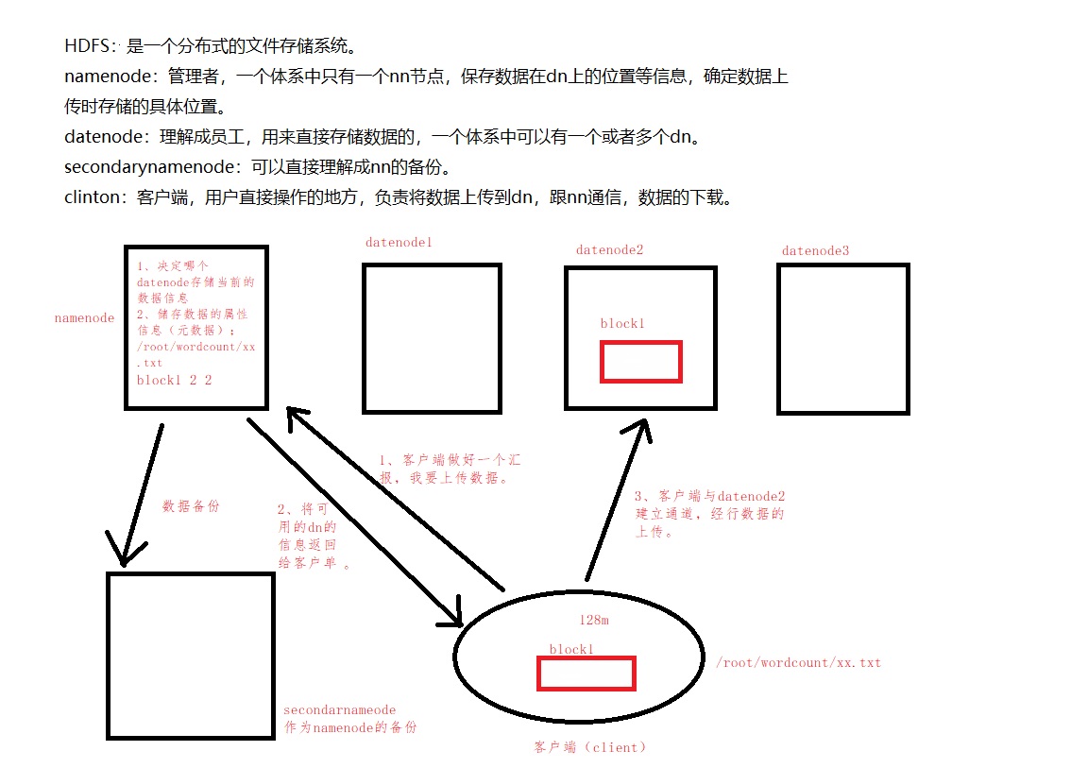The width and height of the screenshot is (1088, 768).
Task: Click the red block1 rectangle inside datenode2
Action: (x=640, y=362)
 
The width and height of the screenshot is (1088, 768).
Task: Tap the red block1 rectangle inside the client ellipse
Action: (x=586, y=673)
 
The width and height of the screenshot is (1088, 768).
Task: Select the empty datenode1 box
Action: (x=432, y=338)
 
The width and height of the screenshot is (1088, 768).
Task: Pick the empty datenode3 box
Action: (x=842, y=338)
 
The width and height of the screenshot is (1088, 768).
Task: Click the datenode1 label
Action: (x=399, y=243)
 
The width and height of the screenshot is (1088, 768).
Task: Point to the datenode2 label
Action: (x=609, y=250)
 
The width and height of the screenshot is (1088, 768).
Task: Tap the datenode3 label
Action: (x=815, y=250)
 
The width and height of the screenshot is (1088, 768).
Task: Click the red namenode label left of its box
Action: (x=84, y=318)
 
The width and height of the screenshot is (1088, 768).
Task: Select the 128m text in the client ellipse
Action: (x=594, y=621)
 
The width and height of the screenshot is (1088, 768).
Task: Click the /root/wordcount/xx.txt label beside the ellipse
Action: (x=798, y=663)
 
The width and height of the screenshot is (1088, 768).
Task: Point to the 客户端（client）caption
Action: (x=590, y=747)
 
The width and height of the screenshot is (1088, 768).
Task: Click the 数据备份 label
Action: (x=191, y=506)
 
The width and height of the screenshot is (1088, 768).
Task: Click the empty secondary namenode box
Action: (x=191, y=655)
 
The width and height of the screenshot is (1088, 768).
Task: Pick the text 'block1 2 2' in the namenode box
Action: (x=174, y=381)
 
